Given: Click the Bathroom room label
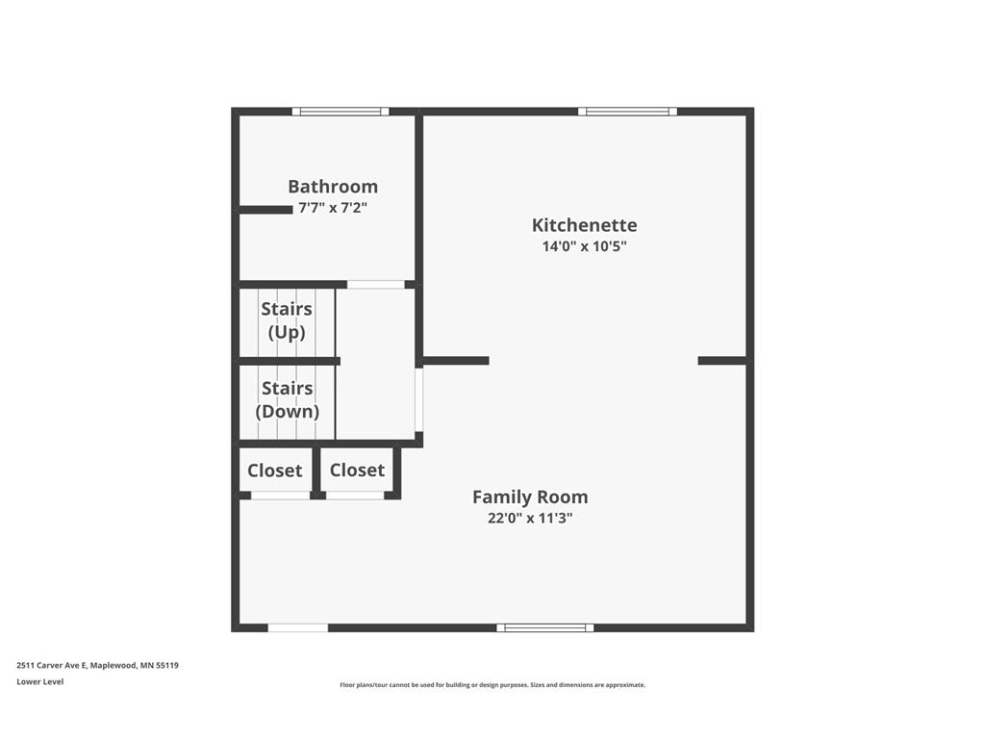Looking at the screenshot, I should [333, 187].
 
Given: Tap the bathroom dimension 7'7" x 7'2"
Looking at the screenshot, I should [333, 208].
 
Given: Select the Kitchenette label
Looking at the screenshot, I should [584, 225].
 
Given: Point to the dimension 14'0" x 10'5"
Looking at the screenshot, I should [584, 246].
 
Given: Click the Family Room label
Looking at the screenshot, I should [530, 497].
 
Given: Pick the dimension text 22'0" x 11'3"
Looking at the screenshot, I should [530, 519].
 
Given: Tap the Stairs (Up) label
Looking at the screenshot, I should [287, 320].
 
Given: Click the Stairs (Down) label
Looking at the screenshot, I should [287, 399].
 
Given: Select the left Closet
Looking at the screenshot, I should [274, 471].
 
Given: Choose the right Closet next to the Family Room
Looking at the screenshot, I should [357, 470].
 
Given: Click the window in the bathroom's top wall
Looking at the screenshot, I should [341, 112].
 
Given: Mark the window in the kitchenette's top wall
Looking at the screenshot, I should [627, 112].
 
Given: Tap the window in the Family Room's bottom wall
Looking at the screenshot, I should [545, 628].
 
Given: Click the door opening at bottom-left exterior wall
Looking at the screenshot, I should [297, 628].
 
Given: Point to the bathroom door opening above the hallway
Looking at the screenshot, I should [375, 285].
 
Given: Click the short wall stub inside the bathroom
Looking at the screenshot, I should [265, 210].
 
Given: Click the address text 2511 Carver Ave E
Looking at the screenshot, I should [97, 665].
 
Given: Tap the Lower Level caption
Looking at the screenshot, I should [40, 682].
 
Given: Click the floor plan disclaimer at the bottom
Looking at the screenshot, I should [492, 685].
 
